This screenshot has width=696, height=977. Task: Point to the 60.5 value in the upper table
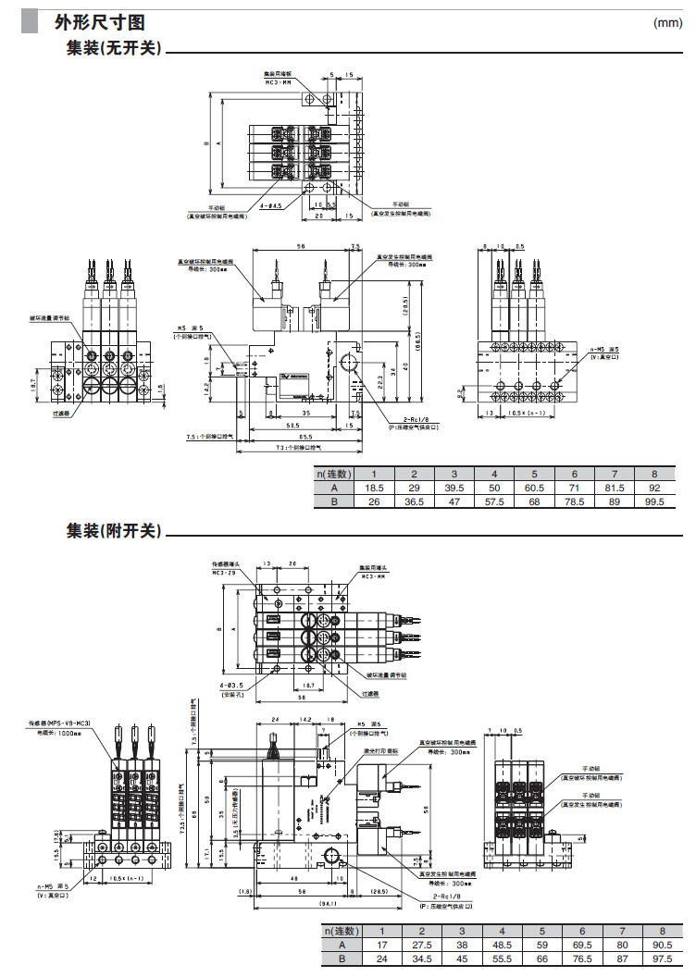(534, 487)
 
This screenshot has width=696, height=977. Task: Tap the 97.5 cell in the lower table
(661, 959)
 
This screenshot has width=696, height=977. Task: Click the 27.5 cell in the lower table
(421, 946)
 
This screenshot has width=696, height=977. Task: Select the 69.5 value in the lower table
(581, 946)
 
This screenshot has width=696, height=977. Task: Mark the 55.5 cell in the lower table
(501, 959)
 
